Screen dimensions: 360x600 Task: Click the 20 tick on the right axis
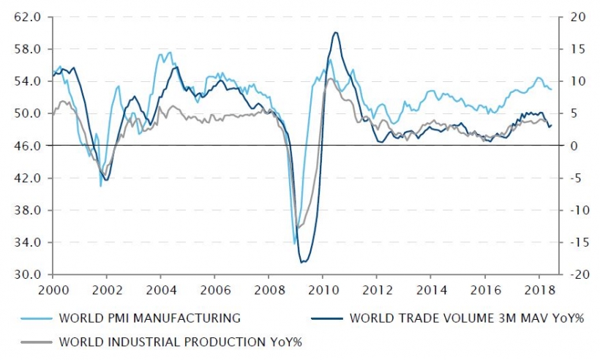coord(571,17)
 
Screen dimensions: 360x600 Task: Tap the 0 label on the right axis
coord(568,146)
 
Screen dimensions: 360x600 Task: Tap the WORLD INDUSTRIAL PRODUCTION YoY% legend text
coord(181,341)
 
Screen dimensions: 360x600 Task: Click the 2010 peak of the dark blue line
coord(335,32)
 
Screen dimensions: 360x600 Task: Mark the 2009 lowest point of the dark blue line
coord(302,262)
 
